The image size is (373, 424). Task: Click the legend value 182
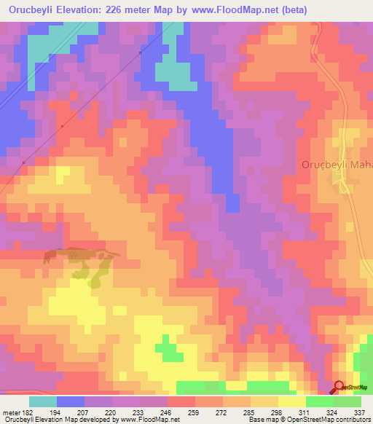(23, 412)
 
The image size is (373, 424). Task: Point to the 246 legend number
(166, 412)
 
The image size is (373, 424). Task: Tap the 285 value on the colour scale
(249, 412)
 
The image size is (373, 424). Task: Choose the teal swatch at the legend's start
(42, 401)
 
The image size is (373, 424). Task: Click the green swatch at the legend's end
(348, 401)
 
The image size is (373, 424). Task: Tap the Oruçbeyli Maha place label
(337, 165)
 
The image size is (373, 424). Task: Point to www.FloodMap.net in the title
(233, 10)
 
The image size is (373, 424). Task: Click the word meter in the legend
(9, 412)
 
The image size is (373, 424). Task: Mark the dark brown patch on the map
(80, 255)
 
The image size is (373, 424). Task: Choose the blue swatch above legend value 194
(70, 401)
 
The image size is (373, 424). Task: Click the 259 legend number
(194, 412)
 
